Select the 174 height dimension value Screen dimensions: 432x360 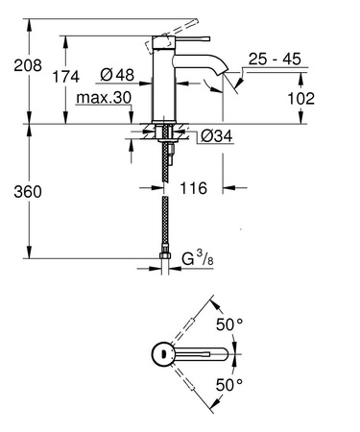65,76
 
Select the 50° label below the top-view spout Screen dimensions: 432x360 228,384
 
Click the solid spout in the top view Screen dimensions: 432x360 202,355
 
